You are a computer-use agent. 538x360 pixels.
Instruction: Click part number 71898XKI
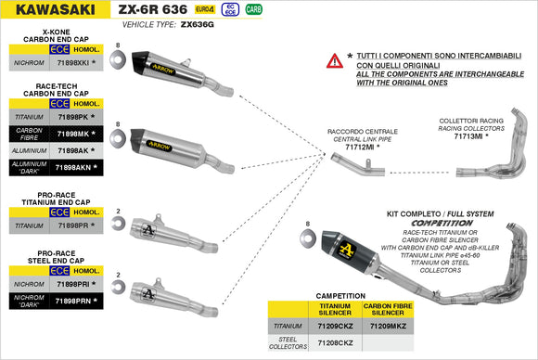click(73, 63)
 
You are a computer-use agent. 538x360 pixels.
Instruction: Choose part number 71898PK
click(71, 118)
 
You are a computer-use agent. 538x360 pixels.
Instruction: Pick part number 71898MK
click(71, 134)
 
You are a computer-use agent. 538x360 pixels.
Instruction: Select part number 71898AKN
click(73, 167)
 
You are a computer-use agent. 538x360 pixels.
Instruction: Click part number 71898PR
click(71, 225)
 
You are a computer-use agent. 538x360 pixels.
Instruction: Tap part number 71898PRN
click(73, 301)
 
